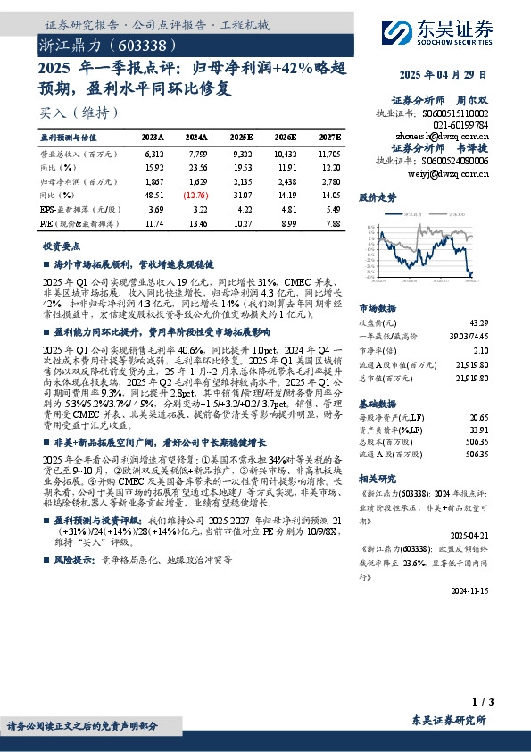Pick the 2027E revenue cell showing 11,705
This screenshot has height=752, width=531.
(328, 154)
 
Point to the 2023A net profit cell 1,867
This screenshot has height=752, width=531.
(153, 180)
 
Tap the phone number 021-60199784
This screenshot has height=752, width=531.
(462, 126)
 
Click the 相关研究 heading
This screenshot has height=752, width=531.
(377, 480)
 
